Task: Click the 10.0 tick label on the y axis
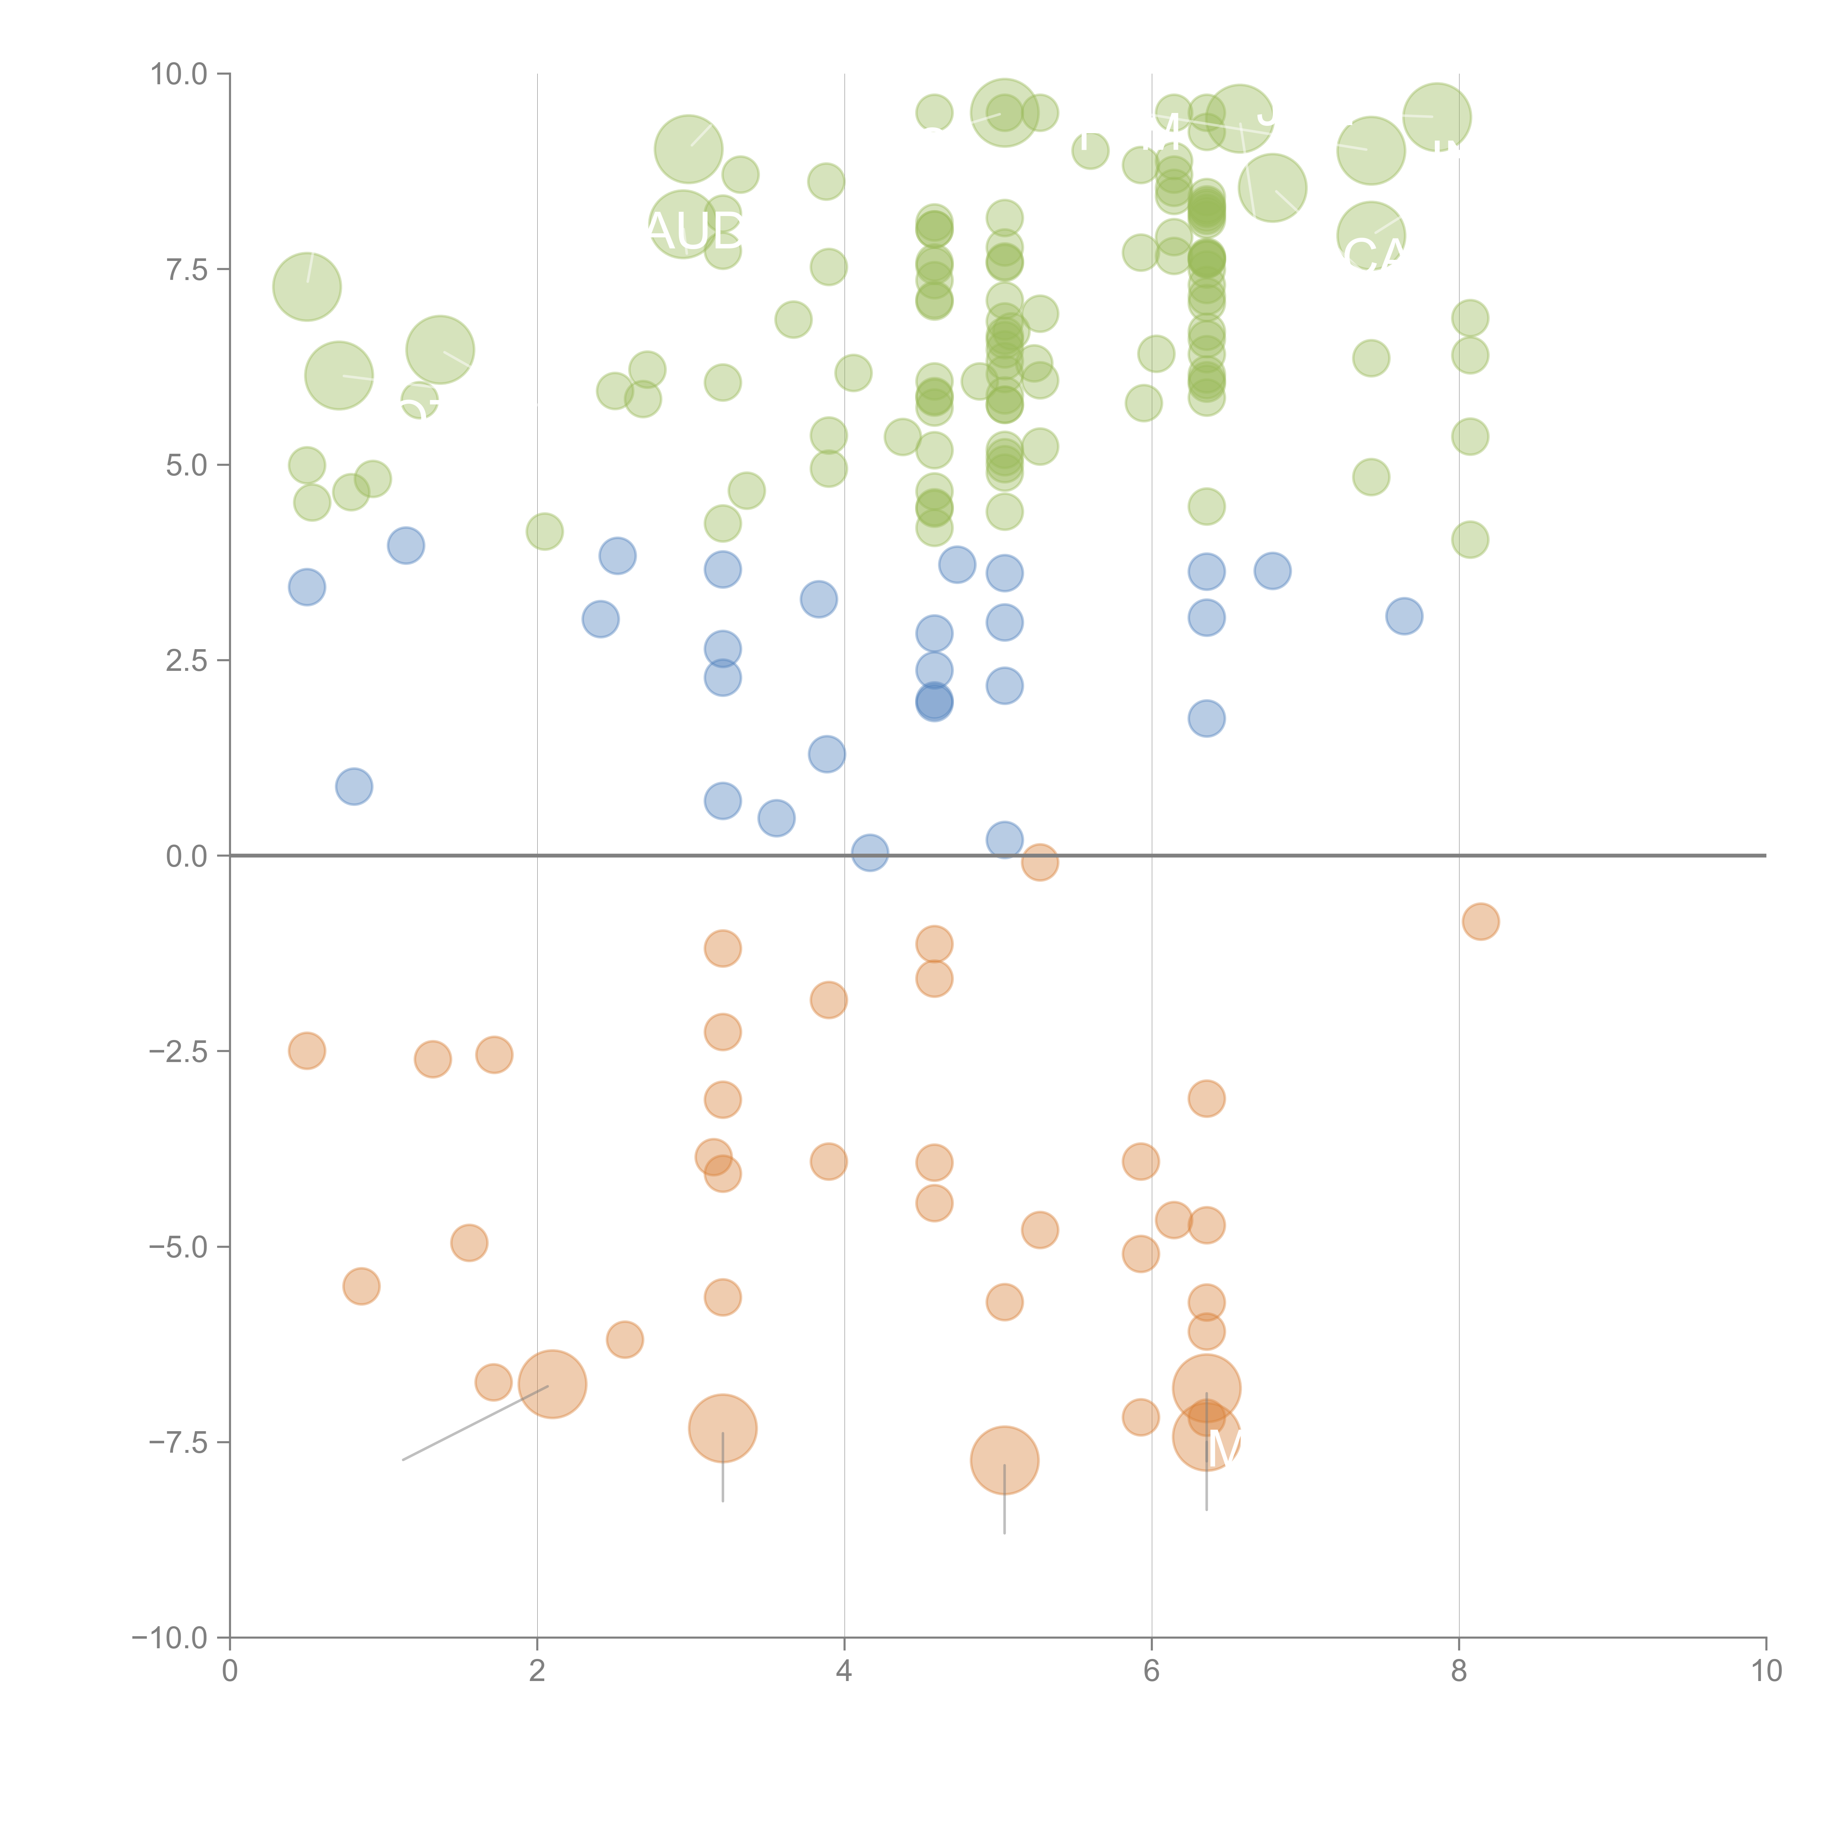pyautogui.click(x=179, y=74)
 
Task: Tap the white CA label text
pyautogui.click(x=1372, y=255)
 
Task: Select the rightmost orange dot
pyautogui.click(x=1480, y=921)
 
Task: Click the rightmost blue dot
pyautogui.click(x=1404, y=616)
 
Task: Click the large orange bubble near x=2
pyautogui.click(x=552, y=1384)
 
